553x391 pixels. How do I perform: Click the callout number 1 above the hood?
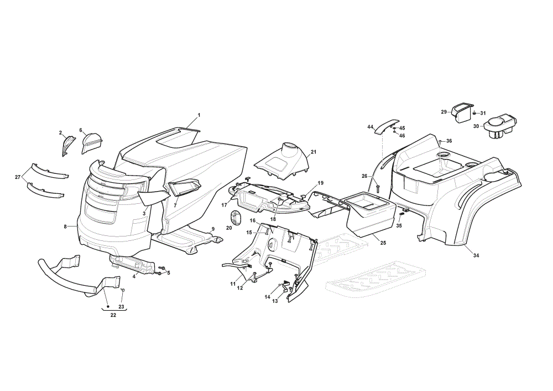[x=199, y=115]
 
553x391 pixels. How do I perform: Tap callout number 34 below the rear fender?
[x=476, y=255]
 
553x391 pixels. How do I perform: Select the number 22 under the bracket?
[x=113, y=316]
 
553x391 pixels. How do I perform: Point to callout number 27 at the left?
[x=18, y=177]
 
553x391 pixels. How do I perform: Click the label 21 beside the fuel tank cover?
[x=314, y=152]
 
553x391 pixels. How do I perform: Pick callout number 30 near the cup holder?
[x=476, y=126]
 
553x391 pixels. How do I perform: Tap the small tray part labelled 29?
[x=462, y=112]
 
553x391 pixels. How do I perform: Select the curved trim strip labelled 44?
[x=386, y=126]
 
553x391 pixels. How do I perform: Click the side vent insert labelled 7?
[x=184, y=187]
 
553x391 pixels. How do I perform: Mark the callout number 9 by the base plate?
[x=213, y=229]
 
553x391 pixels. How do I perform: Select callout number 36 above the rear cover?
[x=449, y=141]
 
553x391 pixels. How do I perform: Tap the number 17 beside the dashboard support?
[x=225, y=205]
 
